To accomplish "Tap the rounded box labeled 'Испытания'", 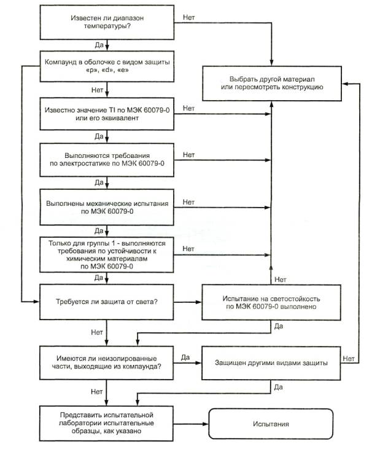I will click(x=271, y=425).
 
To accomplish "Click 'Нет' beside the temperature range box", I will click(x=189, y=17).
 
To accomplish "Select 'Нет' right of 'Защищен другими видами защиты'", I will click(x=349, y=358).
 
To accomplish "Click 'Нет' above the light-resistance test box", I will click(x=280, y=280).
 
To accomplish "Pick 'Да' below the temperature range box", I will click(x=99, y=45).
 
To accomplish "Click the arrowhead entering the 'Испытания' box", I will click(x=207, y=424).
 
